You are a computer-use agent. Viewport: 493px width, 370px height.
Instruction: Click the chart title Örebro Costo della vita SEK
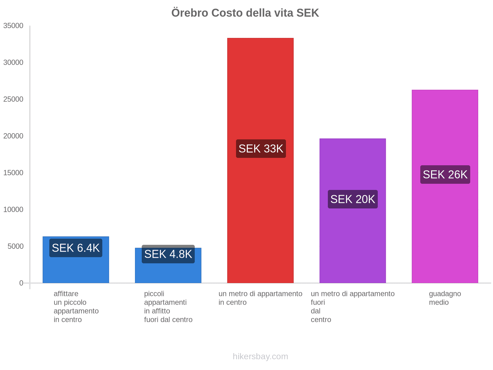tap(245, 13)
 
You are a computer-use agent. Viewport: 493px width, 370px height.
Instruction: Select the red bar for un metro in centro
tap(260, 92)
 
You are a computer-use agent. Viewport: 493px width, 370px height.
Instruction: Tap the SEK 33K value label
tap(261, 149)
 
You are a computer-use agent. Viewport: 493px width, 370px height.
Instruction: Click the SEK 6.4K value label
tap(76, 248)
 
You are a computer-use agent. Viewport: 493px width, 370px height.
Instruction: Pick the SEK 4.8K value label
tap(168, 254)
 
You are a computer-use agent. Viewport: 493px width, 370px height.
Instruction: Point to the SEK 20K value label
tap(352, 199)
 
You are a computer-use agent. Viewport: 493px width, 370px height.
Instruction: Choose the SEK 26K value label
tap(445, 175)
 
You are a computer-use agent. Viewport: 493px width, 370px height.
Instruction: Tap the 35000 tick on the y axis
tap(13, 26)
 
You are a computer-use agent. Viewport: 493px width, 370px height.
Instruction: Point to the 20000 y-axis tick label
tap(13, 136)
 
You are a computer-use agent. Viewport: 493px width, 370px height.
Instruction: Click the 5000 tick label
tap(15, 246)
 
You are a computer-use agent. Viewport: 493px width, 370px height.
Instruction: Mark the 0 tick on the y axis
tap(21, 283)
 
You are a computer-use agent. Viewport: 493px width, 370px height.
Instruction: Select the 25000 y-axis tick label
tap(13, 99)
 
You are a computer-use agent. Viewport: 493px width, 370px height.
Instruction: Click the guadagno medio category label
tap(445, 298)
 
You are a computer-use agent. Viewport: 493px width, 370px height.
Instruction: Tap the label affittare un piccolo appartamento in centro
tap(76, 306)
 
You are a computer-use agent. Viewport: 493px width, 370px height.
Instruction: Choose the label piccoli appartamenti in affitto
tap(168, 306)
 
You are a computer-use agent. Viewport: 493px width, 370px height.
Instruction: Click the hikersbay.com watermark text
tap(260, 356)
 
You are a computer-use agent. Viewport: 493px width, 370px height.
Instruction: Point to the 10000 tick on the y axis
tap(13, 210)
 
